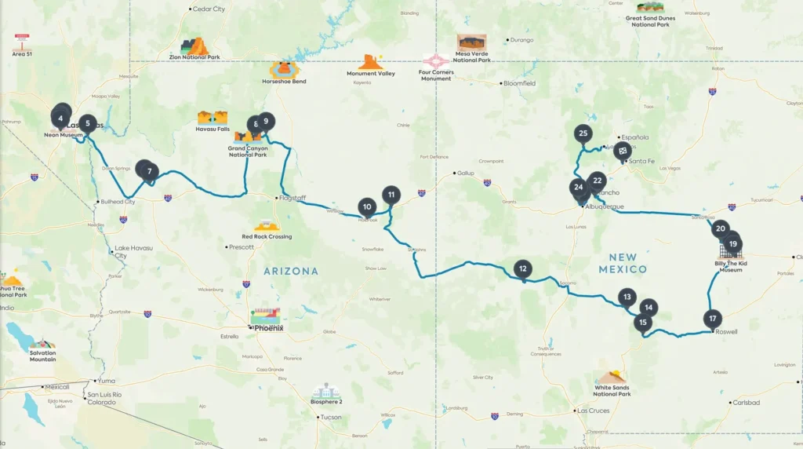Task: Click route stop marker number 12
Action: (x=523, y=268)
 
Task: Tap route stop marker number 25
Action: (x=583, y=133)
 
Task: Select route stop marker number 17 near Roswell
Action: (x=712, y=319)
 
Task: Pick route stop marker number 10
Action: (x=367, y=206)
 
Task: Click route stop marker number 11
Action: (x=391, y=194)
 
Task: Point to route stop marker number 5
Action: (x=89, y=123)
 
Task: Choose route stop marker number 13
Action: (x=626, y=297)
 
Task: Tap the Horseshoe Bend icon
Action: (x=284, y=69)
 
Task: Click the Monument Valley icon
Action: (x=371, y=62)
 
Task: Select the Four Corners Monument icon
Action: (x=436, y=60)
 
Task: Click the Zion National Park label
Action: (x=194, y=57)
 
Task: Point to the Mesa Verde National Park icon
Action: (x=471, y=42)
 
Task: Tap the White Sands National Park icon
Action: (x=612, y=377)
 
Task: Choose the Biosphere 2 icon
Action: (x=327, y=390)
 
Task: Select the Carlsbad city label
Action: (x=746, y=403)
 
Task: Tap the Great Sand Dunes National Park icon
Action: (x=650, y=8)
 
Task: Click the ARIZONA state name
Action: (x=291, y=271)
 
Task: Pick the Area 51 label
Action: (x=22, y=54)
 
